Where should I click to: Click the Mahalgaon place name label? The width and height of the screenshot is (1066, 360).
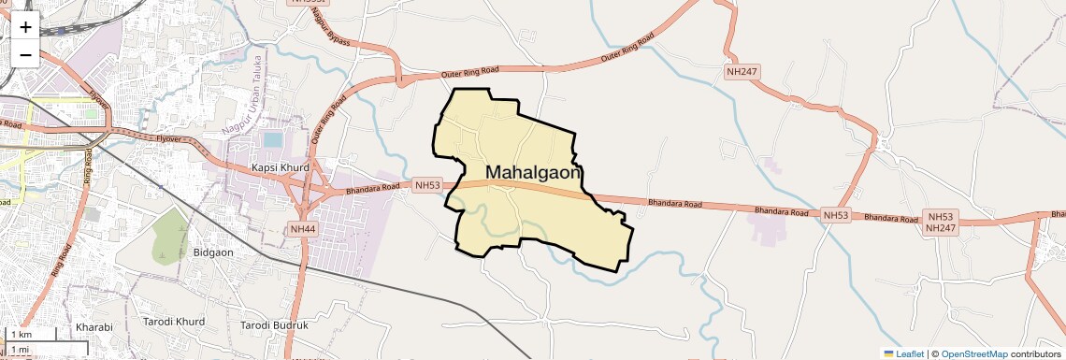coord(534,173)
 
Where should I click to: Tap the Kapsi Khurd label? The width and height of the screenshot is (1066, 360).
coord(279,168)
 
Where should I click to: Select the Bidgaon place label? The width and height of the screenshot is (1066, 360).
coord(211,252)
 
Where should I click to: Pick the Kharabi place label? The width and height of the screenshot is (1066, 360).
coord(94,327)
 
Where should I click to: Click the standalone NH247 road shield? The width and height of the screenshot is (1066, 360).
coord(742,71)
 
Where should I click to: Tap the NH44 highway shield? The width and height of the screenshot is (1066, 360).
coord(304,229)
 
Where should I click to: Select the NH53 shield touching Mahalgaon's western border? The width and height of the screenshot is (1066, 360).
coord(427,185)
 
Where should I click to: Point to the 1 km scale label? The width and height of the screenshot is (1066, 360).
coord(22,335)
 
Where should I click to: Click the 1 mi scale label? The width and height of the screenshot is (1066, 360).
coord(21,350)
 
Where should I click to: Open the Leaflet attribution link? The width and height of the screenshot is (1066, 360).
coord(904,353)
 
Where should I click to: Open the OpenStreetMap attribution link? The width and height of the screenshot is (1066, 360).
coord(974,353)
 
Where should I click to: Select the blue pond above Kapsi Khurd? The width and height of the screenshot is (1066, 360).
coord(273,140)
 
